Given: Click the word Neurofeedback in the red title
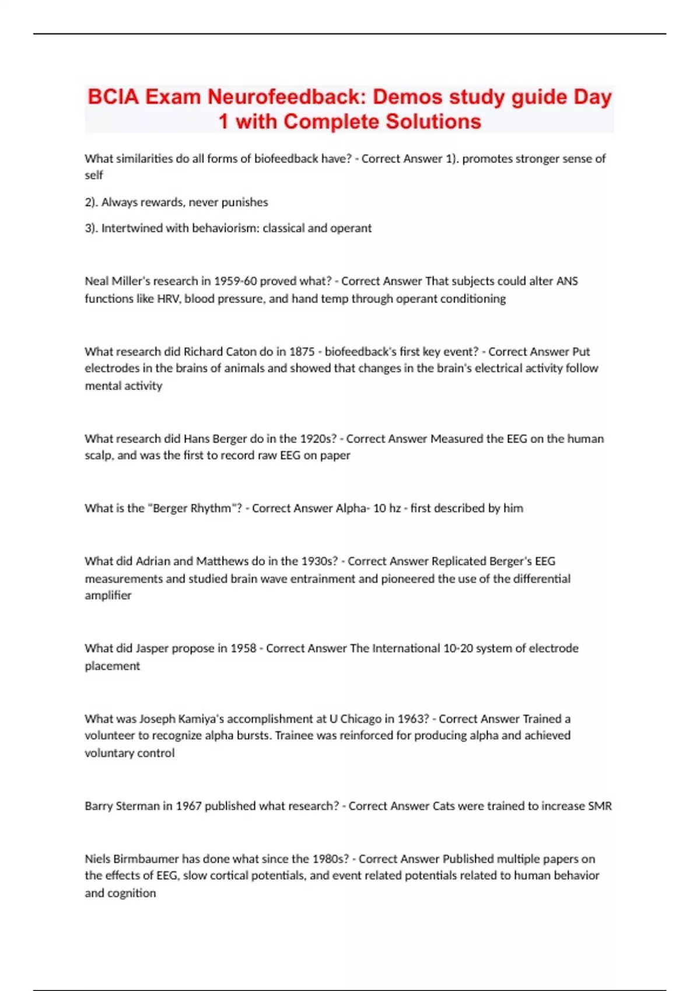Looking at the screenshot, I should tap(286, 97).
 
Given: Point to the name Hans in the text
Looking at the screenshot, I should tap(197, 438).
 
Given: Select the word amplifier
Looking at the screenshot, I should tap(108, 595).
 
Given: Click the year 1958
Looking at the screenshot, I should tap(243, 648).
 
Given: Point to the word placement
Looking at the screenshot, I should tap(113, 666).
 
